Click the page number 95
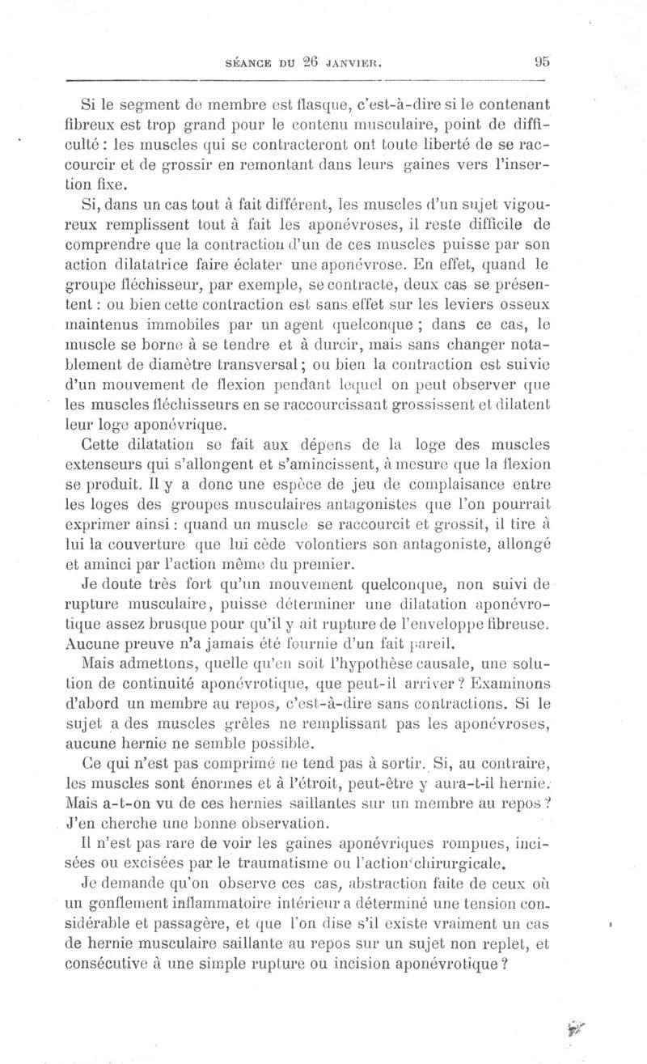[542, 61]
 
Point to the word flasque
[325, 103]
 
